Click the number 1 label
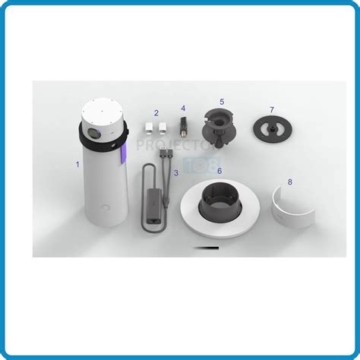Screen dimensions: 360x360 click(x=76, y=163)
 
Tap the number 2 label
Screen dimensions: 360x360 click(x=156, y=113)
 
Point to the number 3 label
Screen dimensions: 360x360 click(x=175, y=172)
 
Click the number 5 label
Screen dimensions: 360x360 click(x=221, y=100)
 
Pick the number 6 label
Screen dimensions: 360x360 click(x=219, y=171)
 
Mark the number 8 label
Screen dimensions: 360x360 click(x=289, y=181)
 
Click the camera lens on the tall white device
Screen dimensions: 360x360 click(x=93, y=134)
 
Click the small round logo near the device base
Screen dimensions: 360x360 click(x=105, y=205)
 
